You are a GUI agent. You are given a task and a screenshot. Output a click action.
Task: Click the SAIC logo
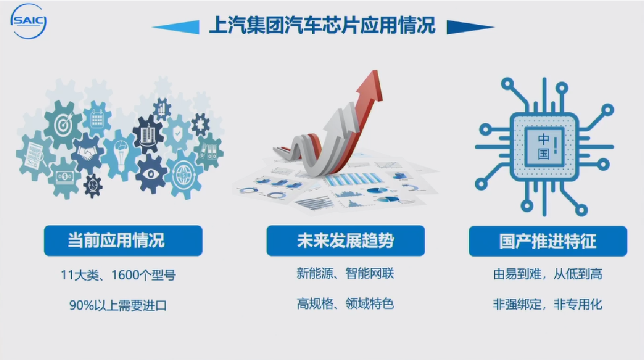28,21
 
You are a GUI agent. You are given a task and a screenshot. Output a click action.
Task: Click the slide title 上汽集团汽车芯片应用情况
322,25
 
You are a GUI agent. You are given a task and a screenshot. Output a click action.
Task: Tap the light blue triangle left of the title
176,27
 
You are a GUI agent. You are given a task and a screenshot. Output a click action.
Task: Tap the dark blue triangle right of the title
470,27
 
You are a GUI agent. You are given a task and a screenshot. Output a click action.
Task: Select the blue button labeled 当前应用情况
123,240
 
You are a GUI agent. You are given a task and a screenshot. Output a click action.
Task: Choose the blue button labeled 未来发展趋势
345,240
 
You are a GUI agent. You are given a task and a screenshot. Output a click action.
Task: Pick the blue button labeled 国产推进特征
548,241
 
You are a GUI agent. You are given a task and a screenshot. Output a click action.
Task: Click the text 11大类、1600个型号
118,275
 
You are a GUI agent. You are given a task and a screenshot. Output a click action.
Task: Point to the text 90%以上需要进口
118,305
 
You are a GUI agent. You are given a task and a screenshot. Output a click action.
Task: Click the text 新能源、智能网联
345,273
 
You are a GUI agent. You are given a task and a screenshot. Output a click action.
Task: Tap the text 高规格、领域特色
345,304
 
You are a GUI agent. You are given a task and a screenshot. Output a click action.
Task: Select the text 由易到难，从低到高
547,274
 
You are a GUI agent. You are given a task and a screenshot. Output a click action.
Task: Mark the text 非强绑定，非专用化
547,304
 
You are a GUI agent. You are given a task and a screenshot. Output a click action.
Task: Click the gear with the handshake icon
87,153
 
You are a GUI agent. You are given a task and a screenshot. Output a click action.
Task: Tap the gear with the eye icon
151,173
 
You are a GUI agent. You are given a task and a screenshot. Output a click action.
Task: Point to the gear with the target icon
63,124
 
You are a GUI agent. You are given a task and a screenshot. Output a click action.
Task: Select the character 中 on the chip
543,140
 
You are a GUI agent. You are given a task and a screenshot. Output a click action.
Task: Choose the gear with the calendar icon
97,119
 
